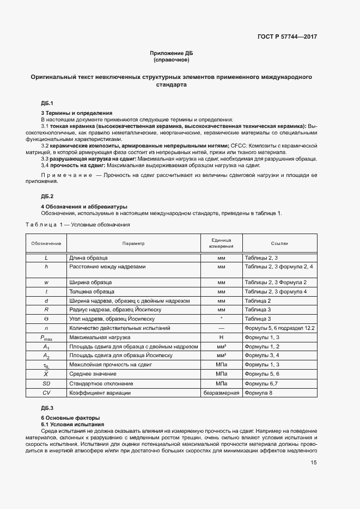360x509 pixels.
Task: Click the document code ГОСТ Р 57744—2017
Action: click(288, 37)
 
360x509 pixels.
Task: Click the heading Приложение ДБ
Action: click(171, 53)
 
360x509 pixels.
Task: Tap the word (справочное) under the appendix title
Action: click(171, 59)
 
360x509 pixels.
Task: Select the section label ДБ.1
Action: click(47, 103)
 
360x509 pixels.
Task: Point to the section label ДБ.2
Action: click(47, 195)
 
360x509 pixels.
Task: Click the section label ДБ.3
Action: click(47, 408)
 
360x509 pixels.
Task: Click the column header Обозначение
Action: click(46, 243)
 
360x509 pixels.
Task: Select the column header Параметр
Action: click(133, 243)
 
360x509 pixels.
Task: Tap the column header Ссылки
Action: click(279, 243)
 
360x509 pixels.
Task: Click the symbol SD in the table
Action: click(46, 383)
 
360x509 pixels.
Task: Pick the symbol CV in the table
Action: click(46, 392)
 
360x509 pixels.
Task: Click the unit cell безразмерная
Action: click(221, 392)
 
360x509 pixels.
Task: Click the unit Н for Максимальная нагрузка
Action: click(221, 338)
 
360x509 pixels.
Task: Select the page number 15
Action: click(314, 462)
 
